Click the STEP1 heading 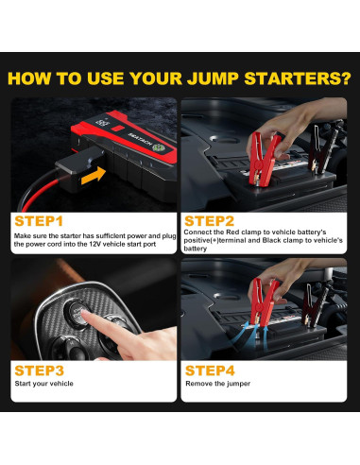tap(39, 221)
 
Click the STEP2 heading tap(209, 221)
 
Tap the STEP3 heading tap(40, 370)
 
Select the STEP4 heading tap(210, 370)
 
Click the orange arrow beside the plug tap(94, 176)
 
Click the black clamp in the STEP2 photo tap(321, 149)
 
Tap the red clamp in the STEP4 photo tap(264, 301)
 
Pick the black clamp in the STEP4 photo tap(315, 305)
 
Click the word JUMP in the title tap(213, 78)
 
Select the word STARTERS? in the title tap(298, 78)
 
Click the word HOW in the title tap(29, 78)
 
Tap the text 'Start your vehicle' tap(43, 384)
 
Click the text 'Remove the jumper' tap(217, 384)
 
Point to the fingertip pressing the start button tap(82, 313)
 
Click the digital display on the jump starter tap(103, 122)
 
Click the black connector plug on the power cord tap(78, 168)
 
